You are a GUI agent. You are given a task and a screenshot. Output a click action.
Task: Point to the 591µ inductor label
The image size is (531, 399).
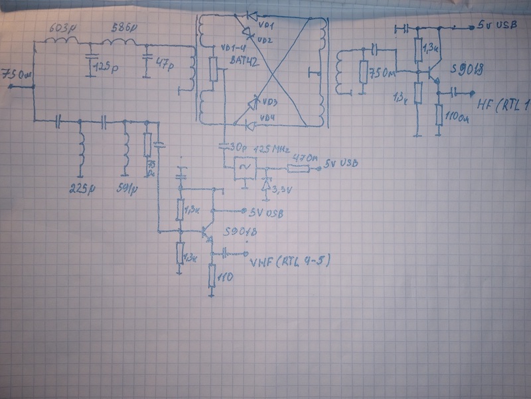(x=127, y=188)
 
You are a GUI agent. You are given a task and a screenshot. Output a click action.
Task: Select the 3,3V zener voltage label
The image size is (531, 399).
(x=281, y=190)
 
